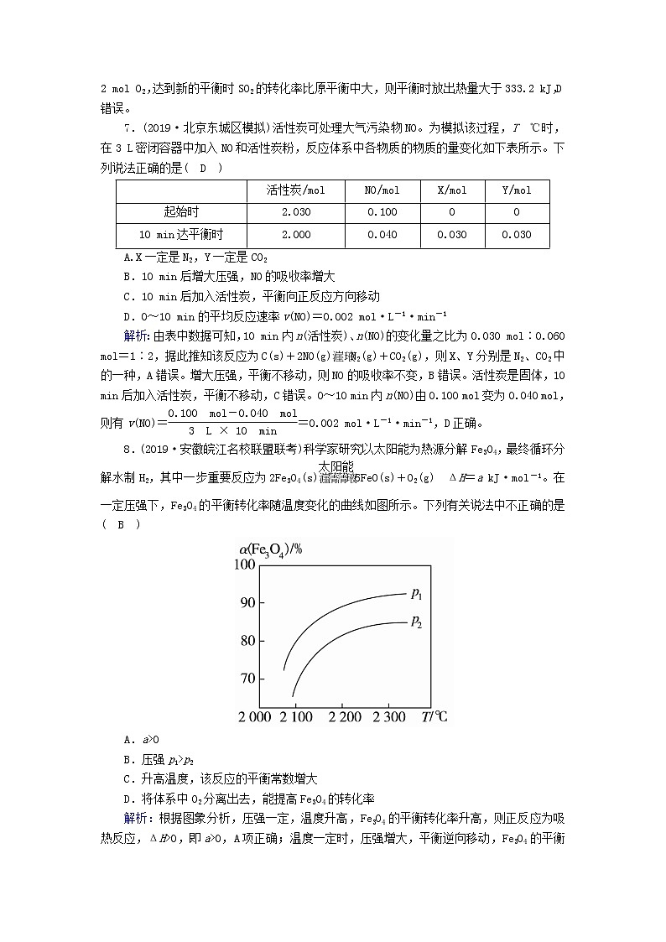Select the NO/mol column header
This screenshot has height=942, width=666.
tap(382, 190)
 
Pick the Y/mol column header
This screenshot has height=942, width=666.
tap(516, 190)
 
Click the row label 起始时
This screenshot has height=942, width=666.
tap(180, 212)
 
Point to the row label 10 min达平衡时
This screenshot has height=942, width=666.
tap(180, 235)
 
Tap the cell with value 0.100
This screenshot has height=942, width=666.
tap(382, 212)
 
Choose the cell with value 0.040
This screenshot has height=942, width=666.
tap(382, 235)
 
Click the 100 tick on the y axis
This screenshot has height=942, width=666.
tap(243, 565)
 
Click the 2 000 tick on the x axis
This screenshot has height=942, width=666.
tap(254, 716)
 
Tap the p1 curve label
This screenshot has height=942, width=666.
tap(417, 594)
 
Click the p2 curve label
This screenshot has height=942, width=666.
tap(417, 621)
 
